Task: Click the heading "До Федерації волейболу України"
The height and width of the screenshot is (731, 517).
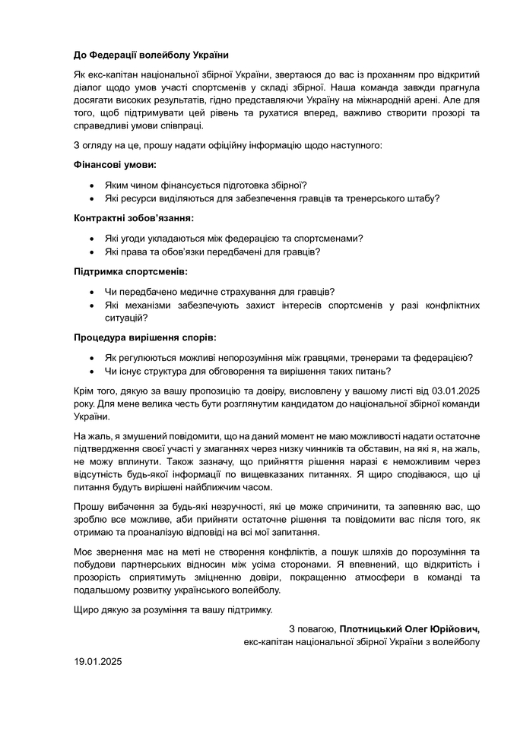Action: tap(151, 55)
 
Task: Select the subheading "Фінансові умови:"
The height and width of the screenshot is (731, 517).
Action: tap(115, 164)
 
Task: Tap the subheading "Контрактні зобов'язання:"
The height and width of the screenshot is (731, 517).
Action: tap(134, 218)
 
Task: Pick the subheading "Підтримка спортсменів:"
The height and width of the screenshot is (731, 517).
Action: tap(130, 271)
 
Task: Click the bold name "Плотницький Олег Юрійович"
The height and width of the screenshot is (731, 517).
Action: tap(410, 629)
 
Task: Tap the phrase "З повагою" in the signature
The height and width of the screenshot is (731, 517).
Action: tap(312, 629)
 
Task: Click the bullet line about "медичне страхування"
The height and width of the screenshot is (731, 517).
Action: tap(220, 292)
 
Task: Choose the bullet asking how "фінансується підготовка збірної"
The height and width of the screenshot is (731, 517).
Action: tap(205, 185)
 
